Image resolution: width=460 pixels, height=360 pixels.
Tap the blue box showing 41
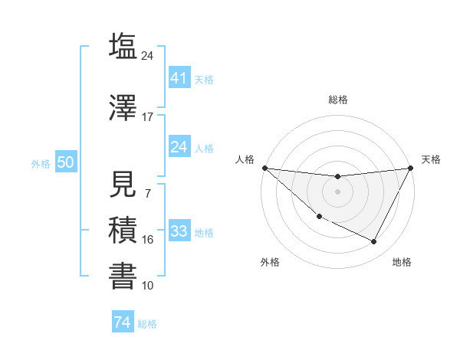pyautogui.click(x=179, y=77)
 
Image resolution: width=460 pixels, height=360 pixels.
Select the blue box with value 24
pyautogui.click(x=179, y=147)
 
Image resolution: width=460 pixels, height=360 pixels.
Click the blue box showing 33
pyautogui.click(x=179, y=231)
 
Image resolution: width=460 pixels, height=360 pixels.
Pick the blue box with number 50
pyautogui.click(x=65, y=162)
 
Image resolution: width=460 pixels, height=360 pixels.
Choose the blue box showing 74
pyautogui.click(x=122, y=322)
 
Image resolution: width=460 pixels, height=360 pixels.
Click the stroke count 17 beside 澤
pyautogui.click(x=147, y=117)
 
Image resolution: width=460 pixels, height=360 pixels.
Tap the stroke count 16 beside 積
pyautogui.click(x=147, y=240)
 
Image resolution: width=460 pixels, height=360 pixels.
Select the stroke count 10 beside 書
pyautogui.click(x=147, y=286)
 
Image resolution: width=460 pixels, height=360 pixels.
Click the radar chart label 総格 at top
pyautogui.click(x=338, y=100)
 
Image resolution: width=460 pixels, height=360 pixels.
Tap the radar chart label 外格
pyautogui.click(x=270, y=262)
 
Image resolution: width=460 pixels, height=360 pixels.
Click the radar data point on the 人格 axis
pyautogui.click(x=264, y=168)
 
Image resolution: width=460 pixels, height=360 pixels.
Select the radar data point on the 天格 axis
pyautogui.click(x=410, y=169)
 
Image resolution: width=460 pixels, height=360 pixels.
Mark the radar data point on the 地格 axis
pyautogui.click(x=374, y=242)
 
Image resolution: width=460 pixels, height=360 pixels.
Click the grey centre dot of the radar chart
pyautogui.click(x=337, y=191)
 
